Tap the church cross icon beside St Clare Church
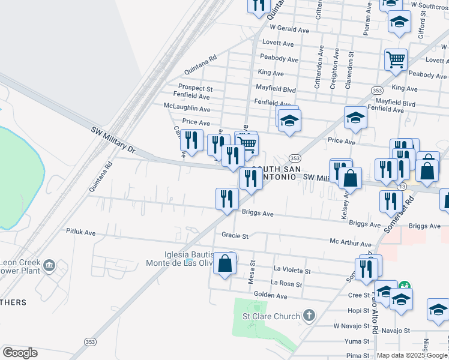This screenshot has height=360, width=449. [x=309, y=315]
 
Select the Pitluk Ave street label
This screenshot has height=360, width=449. [x=81, y=232]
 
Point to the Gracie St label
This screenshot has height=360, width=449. [x=235, y=236]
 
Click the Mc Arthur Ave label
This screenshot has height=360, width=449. [x=351, y=244]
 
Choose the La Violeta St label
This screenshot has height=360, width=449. [x=292, y=271]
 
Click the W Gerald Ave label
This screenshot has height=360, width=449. [x=289, y=29]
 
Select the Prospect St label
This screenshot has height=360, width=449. [x=191, y=88]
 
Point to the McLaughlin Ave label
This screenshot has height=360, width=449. [x=187, y=109]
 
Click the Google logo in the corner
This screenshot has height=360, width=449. [x=20, y=353]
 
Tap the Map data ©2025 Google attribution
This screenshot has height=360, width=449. [x=412, y=355]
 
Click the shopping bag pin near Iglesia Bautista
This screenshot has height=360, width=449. [x=224, y=264]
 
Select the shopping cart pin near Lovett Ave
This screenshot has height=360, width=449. [x=396, y=59]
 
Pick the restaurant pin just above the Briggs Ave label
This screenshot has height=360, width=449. [x=227, y=198]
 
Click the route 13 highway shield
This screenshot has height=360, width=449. [x=400, y=187]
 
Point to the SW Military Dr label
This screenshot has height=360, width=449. [x=114, y=139]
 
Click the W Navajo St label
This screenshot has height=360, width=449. [x=350, y=326]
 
